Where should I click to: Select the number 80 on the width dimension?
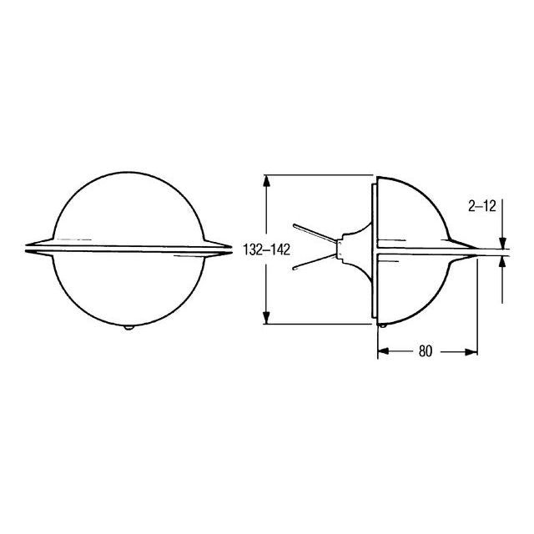click(425, 351)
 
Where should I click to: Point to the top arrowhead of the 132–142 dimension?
click(266, 179)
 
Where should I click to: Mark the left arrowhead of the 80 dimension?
click(382, 351)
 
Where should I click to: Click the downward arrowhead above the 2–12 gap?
click(503, 243)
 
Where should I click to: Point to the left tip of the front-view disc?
click(28, 248)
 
